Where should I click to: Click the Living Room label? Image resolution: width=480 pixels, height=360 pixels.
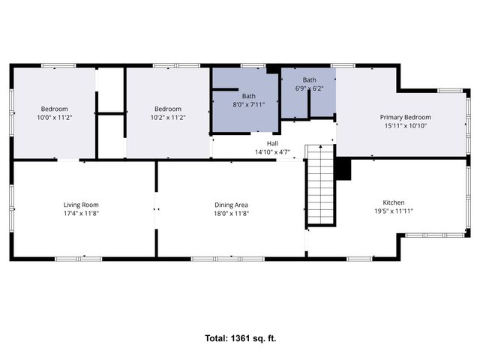[80, 205]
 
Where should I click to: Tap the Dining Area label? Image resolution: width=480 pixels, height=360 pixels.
[231, 205]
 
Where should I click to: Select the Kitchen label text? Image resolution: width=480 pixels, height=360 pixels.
[394, 202]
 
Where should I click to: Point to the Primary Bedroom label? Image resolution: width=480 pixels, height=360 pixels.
[405, 117]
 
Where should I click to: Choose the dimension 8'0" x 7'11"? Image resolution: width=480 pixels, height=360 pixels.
[248, 105]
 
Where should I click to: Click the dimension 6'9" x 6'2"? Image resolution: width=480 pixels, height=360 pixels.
[309, 88]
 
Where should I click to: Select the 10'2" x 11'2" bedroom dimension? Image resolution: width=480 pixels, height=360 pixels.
[167, 118]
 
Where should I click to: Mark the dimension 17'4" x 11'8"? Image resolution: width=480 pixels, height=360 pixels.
[80, 214]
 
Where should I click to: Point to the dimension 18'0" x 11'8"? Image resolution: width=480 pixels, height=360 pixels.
[231, 214]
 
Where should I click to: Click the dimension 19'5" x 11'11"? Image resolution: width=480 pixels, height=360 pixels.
[394, 211]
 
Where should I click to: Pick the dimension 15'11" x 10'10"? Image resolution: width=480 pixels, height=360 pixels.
[405, 126]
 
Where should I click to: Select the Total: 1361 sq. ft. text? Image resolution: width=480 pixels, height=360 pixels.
[240, 338]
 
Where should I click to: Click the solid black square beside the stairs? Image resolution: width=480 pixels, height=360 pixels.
[343, 169]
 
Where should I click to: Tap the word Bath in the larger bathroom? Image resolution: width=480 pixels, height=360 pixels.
[248, 96]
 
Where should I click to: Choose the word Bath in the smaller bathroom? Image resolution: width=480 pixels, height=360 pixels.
[309, 79]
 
